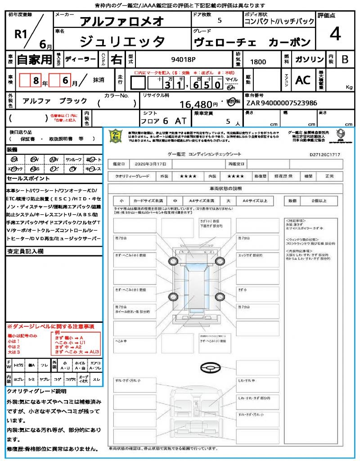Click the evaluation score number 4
(334, 34)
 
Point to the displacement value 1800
(258, 62)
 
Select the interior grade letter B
(345, 59)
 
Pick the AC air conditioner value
(303, 80)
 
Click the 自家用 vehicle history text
(35, 59)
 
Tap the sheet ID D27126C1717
(325, 154)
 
